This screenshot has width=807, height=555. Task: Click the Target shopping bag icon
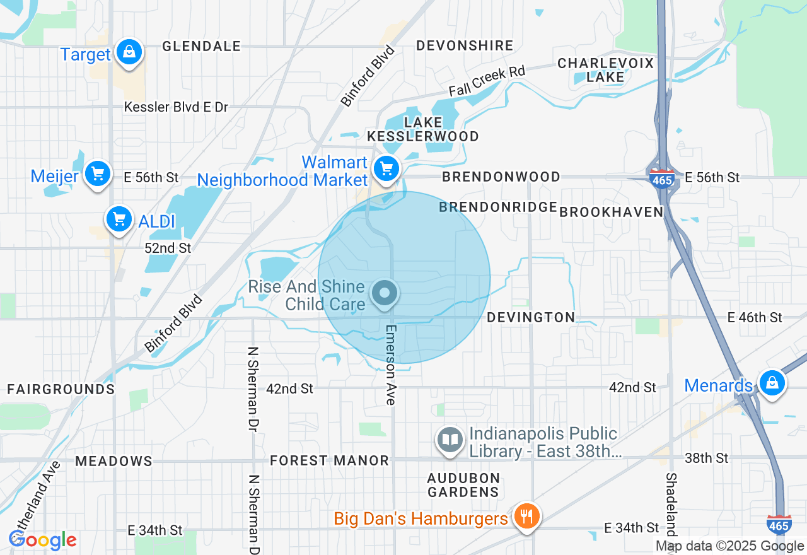click(129, 53)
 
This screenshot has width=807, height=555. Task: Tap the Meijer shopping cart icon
click(97, 173)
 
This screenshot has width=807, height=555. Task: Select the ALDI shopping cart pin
click(119, 219)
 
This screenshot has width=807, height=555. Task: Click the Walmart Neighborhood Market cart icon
click(386, 168)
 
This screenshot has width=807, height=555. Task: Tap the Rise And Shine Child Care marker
click(385, 293)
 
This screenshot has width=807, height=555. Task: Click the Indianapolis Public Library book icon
click(450, 440)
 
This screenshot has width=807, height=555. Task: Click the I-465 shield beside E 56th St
click(661, 178)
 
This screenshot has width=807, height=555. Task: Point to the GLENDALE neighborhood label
click(201, 46)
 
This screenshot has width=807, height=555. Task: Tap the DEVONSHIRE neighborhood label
click(465, 45)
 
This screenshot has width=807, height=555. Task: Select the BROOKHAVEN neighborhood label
click(611, 212)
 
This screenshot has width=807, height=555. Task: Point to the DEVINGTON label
click(531, 317)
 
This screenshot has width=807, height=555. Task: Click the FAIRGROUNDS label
click(61, 389)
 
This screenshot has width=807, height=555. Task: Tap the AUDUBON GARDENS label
click(463, 484)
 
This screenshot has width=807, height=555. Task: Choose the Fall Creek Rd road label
click(487, 81)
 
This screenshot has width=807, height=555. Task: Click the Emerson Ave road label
click(390, 365)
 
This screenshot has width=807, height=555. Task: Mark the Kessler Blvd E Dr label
click(176, 107)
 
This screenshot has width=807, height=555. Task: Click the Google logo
click(43, 540)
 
